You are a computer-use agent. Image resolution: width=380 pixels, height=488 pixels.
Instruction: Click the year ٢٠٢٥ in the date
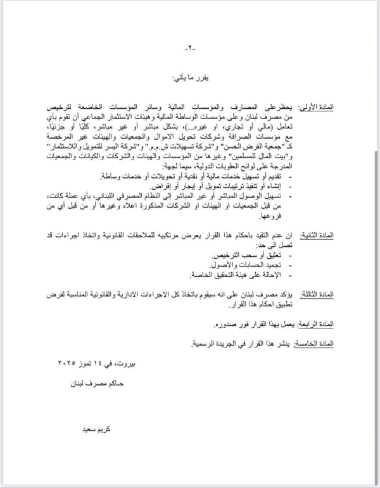tap(70, 363)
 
